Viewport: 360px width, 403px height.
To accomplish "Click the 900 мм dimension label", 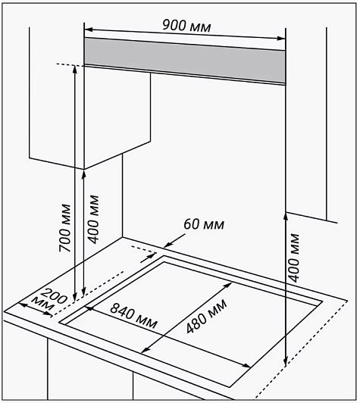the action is [x=186, y=26].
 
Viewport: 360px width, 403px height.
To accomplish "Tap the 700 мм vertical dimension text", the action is [x=64, y=228].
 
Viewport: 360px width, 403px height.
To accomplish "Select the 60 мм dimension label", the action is [x=204, y=224].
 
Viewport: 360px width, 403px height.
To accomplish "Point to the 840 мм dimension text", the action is [x=133, y=316].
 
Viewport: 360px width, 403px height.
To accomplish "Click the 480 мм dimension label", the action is [x=207, y=316].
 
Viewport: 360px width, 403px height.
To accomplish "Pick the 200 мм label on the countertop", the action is [x=51, y=300].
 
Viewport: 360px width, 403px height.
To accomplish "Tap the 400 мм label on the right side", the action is [x=294, y=258].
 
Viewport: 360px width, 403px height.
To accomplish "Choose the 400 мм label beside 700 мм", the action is [x=93, y=220].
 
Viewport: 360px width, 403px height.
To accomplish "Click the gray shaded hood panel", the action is [x=185, y=61].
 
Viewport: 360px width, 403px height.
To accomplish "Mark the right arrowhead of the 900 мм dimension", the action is [x=282, y=39].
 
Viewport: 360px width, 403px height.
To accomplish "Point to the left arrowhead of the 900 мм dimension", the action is [x=88, y=30].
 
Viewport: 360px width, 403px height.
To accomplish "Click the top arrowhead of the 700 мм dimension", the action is [x=74, y=70].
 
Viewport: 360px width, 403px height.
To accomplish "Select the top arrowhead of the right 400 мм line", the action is [x=286, y=217].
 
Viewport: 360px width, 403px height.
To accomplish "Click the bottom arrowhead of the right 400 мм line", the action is [x=286, y=361].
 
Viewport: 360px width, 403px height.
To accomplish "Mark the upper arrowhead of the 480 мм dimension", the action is [x=228, y=285].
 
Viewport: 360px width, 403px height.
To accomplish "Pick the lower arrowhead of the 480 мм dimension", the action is [x=146, y=350].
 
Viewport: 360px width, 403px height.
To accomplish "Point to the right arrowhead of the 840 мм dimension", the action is [x=246, y=365].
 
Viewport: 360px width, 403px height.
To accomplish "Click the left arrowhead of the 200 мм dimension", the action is [x=23, y=305].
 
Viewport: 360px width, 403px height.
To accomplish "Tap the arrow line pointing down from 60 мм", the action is [x=174, y=241].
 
